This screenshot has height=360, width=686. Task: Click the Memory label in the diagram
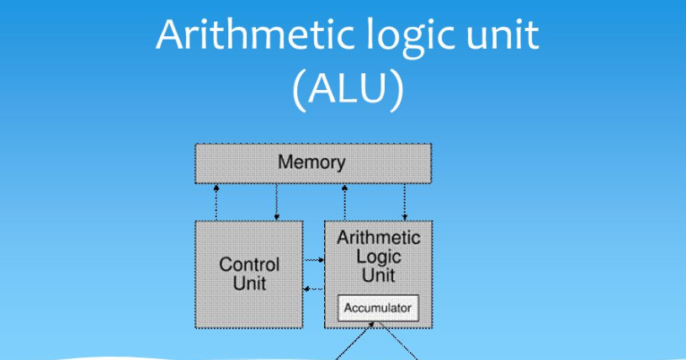(312, 162)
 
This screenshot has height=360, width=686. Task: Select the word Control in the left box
(249, 264)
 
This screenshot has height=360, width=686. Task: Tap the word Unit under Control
(249, 283)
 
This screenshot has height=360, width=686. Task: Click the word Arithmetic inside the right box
(379, 238)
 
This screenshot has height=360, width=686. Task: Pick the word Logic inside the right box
(379, 257)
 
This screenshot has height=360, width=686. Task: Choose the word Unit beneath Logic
(379, 274)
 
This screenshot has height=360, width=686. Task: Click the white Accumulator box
(378, 308)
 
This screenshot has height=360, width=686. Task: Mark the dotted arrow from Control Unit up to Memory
(217, 202)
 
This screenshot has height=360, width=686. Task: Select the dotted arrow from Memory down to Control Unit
(277, 202)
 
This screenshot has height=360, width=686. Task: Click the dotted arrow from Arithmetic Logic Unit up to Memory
(345, 202)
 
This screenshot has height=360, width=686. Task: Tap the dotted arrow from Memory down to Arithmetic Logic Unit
(405, 202)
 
